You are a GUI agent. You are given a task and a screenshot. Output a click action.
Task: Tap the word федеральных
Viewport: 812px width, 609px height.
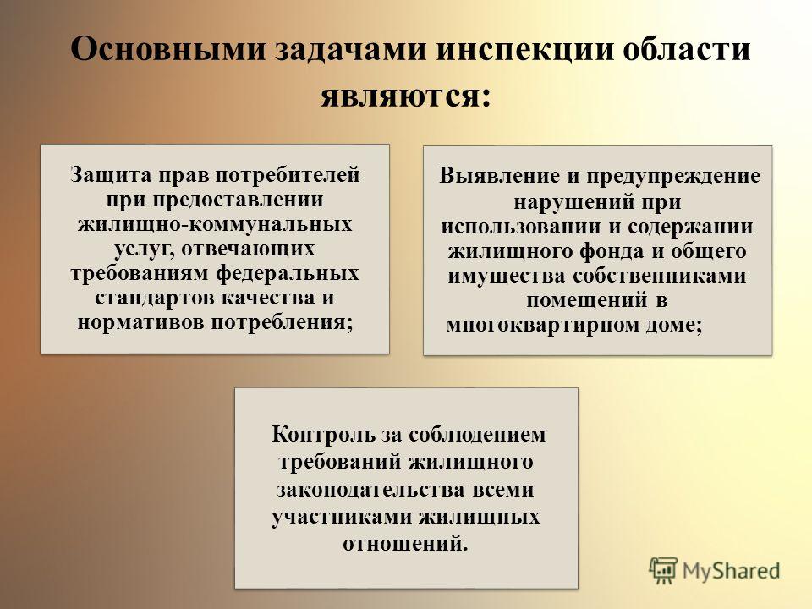point(288,274)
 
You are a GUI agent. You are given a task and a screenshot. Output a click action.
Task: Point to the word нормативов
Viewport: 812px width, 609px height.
point(141,323)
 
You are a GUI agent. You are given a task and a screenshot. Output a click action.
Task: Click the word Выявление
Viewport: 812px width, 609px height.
point(500,176)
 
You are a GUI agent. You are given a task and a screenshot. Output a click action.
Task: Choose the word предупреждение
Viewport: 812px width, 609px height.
point(673,177)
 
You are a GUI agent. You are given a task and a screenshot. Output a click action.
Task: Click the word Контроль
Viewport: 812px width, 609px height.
point(324,435)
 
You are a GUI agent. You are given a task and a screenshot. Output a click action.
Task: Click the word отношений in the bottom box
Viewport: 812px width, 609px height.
point(405,544)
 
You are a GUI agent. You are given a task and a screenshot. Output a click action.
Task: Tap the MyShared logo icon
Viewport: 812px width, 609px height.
point(663,571)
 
